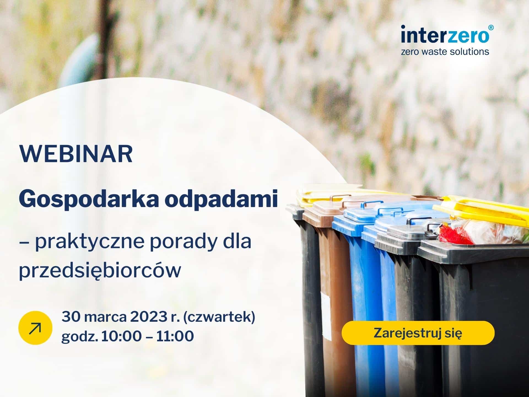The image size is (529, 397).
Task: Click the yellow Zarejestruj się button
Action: pos(418,333)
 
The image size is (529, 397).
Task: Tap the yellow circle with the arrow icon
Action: pos(35,328)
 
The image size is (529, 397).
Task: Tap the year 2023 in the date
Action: pos(147,317)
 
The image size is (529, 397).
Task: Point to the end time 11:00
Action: pos(175,336)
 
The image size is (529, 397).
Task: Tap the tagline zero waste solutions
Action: pos(445,52)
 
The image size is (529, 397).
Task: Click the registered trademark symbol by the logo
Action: pos(491,28)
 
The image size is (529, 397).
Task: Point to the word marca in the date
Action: pos(105,317)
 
